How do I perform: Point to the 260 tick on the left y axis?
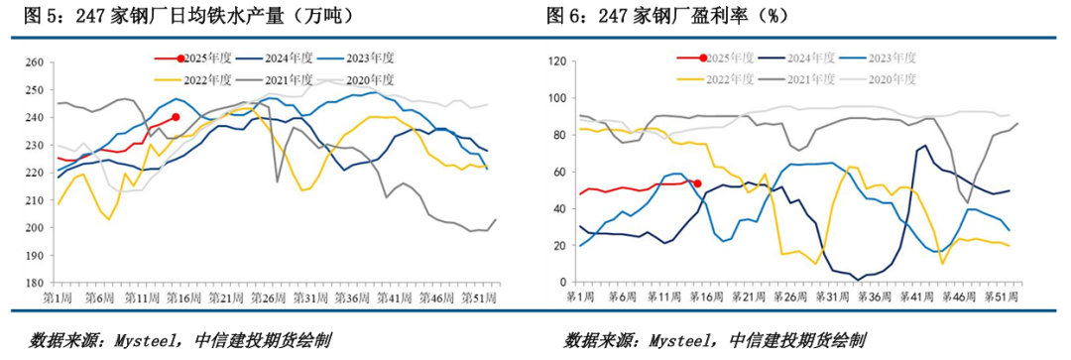(x=32, y=62)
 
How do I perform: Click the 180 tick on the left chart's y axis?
(x=32, y=283)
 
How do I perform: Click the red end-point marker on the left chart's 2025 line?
(x=176, y=117)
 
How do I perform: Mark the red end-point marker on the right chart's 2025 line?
(x=697, y=183)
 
